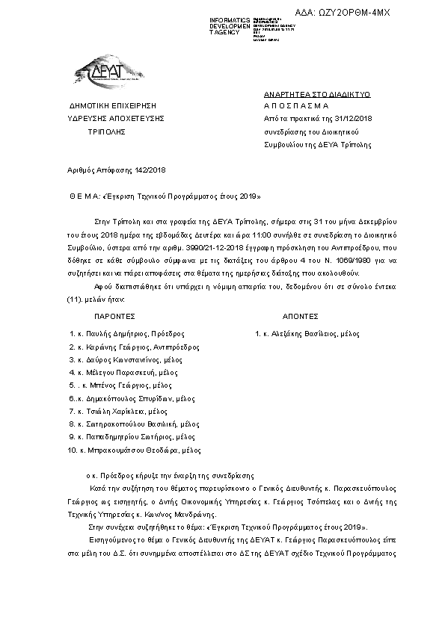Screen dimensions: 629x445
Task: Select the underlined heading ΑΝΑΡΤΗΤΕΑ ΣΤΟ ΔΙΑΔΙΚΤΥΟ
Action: pos(317,94)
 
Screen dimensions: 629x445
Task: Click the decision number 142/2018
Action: pos(149,171)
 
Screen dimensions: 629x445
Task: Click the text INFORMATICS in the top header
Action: pos(230,19)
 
